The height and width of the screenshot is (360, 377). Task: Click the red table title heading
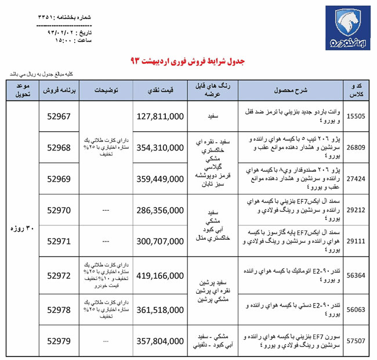point(188,61)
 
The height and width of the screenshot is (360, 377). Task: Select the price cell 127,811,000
point(160,116)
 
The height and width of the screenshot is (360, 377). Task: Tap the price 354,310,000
point(160,147)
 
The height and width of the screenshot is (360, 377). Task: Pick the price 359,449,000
point(160,179)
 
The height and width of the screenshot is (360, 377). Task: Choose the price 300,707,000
point(160,239)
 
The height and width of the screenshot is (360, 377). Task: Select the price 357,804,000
point(160,341)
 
